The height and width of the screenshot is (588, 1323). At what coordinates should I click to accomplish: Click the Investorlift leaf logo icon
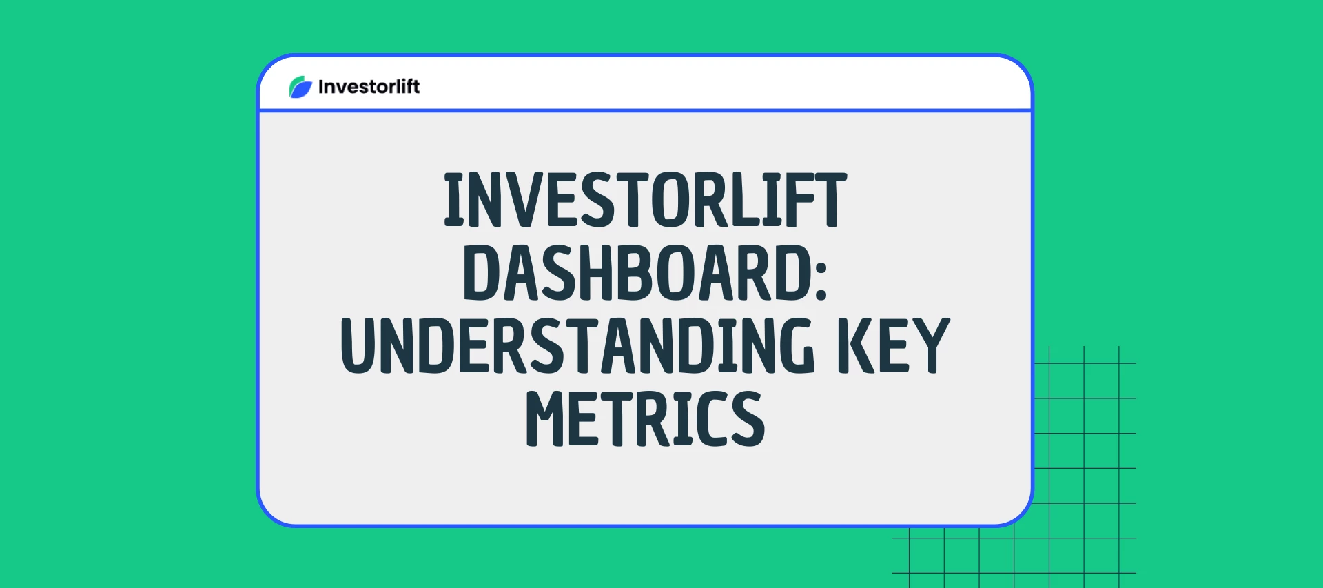300,87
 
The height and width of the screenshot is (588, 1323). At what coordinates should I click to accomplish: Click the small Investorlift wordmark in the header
369,87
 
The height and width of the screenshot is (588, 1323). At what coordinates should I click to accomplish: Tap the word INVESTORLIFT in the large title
646,200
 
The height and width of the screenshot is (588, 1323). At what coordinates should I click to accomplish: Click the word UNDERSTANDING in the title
577,346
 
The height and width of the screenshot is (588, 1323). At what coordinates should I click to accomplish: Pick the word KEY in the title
894,346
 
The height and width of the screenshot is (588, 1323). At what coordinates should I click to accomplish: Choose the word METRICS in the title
646,419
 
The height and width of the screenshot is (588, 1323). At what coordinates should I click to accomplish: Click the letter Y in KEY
932,346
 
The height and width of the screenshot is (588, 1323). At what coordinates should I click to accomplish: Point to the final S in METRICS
748,419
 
